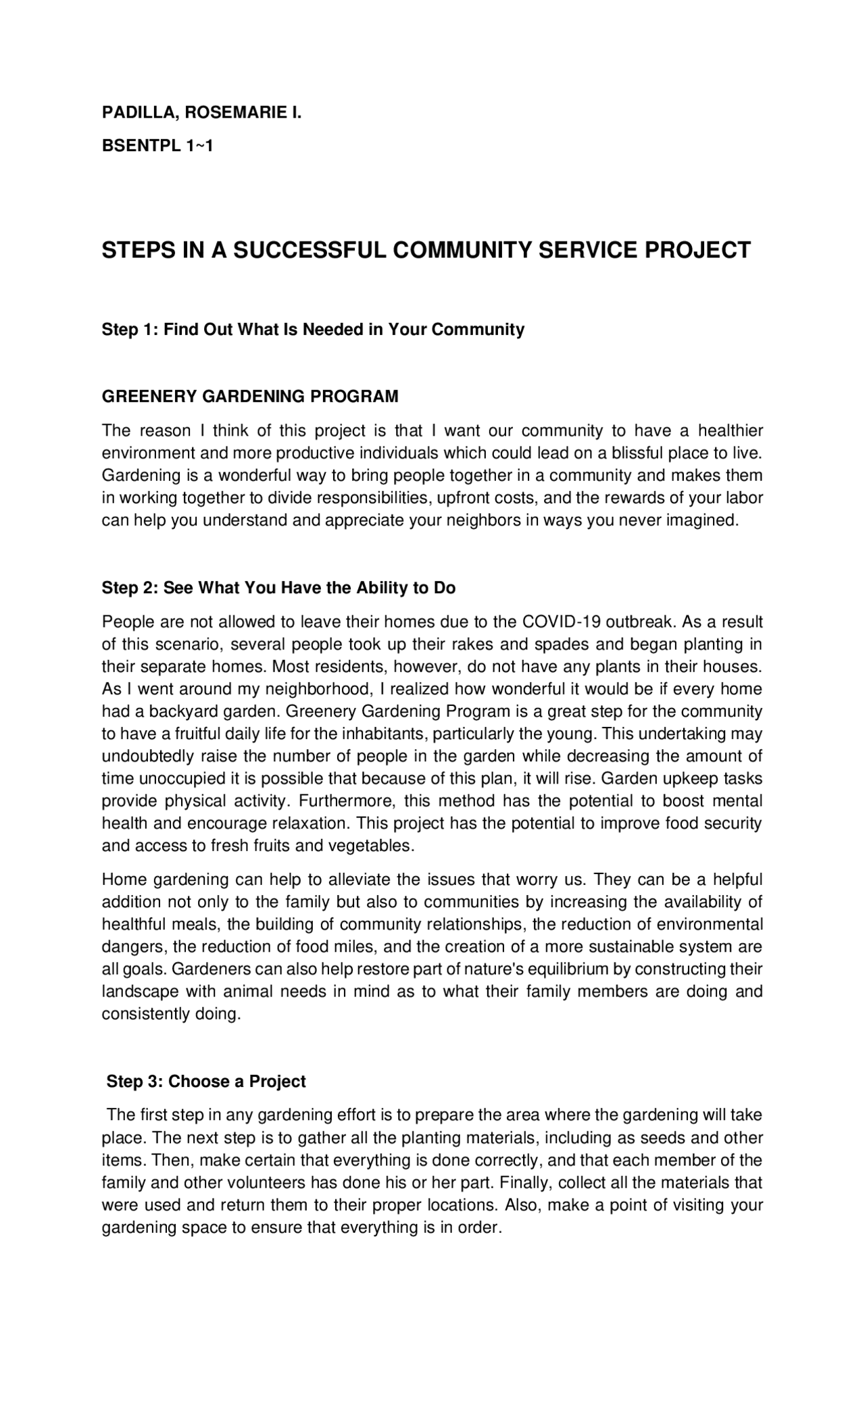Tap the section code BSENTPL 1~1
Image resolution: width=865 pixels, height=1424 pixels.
tap(157, 145)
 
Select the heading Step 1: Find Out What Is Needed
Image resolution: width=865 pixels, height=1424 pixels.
tap(313, 330)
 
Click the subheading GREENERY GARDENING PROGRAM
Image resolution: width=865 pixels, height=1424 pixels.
tap(250, 397)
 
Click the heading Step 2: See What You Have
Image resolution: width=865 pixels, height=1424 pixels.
tap(278, 588)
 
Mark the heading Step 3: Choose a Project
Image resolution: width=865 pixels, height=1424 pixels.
tap(206, 1082)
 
